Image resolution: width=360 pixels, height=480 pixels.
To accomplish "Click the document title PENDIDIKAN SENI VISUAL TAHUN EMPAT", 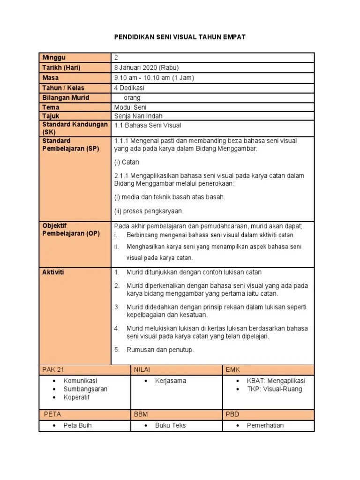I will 180,37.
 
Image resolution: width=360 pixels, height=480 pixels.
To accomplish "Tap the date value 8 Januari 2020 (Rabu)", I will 146,67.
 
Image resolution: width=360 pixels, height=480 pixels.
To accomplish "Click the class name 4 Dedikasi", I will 129,88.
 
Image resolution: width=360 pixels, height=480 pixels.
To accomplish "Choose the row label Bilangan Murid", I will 66,97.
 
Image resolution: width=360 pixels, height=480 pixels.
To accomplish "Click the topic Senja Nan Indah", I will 138,116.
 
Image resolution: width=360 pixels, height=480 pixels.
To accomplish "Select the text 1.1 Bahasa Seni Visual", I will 148,125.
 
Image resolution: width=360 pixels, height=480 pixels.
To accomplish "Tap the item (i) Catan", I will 127,162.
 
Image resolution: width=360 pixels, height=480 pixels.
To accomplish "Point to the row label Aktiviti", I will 53,272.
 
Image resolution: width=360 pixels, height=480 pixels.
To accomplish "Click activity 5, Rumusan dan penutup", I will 160,350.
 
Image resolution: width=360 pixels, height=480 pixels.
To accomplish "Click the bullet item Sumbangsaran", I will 85,389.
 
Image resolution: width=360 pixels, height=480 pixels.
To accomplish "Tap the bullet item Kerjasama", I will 171,381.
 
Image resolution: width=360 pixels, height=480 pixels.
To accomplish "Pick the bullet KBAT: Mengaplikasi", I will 276,381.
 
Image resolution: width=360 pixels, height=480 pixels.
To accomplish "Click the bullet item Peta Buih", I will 77,426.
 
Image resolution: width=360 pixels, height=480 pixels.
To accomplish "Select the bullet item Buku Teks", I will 170,426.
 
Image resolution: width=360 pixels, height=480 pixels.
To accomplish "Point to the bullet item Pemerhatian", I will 265,426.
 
